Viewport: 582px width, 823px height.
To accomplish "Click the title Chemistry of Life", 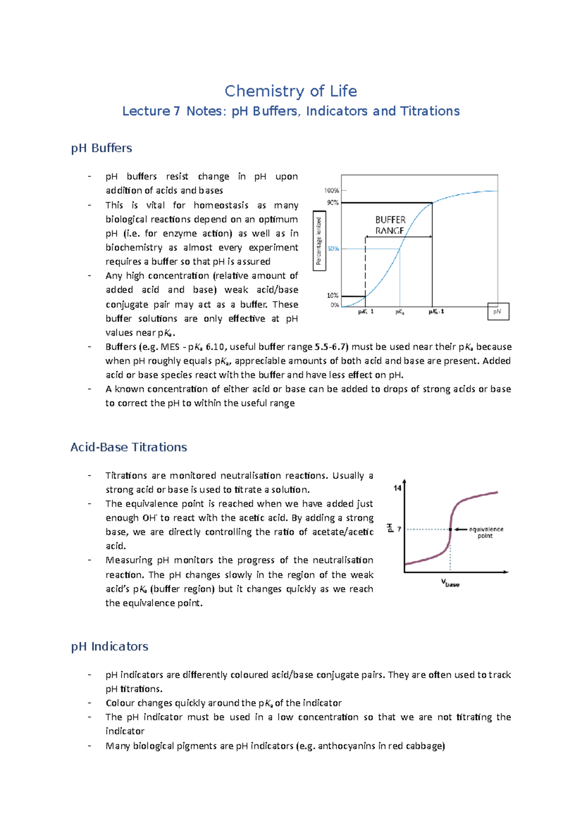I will pos(291,91).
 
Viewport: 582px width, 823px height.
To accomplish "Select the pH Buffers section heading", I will pos(101,148).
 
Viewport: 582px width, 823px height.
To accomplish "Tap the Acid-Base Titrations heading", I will pos(129,447).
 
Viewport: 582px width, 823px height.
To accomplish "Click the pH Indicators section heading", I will pos(110,646).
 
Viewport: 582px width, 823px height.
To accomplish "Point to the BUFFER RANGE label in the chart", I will pos(390,225).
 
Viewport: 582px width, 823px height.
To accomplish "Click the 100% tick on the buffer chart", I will pos(332,190).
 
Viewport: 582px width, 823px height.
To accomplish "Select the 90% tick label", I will pos(333,203).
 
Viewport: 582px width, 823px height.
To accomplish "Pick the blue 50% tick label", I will pos(333,249).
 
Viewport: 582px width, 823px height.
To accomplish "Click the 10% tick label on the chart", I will pos(333,295).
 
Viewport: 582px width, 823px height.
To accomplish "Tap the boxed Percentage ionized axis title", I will pos(319,241).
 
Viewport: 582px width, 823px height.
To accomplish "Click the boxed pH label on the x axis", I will pos(498,312).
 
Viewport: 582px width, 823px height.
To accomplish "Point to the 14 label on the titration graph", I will pos(397,488).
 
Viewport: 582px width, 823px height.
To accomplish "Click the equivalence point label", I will pos(485,532).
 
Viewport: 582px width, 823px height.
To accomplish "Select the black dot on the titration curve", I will pos(450,529).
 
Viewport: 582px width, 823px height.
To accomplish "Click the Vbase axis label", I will pos(450,583).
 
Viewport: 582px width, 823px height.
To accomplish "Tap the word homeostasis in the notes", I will pos(221,205).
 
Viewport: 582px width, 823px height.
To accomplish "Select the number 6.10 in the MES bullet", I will pos(215,347).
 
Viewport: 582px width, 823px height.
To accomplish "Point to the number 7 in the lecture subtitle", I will pos(176,111).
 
